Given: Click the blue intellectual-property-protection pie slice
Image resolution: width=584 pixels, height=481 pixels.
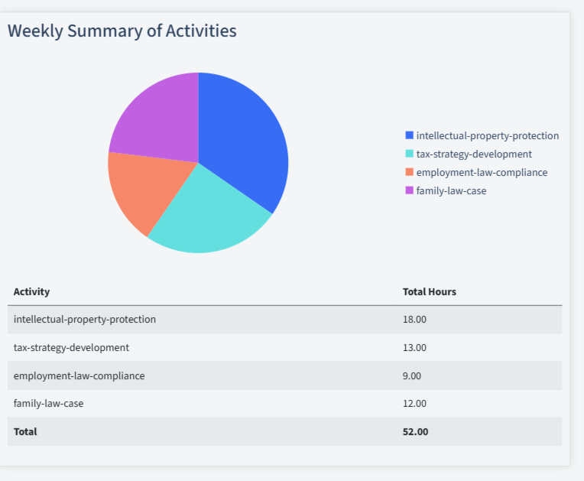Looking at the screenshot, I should (x=245, y=138).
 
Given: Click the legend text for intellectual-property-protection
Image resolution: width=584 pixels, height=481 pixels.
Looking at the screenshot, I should (x=487, y=135).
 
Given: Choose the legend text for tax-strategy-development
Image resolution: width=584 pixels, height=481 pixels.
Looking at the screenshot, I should (x=474, y=154).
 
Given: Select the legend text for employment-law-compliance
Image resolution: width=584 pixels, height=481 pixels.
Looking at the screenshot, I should (x=482, y=172).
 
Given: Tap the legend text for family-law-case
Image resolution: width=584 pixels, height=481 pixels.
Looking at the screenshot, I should (x=451, y=190).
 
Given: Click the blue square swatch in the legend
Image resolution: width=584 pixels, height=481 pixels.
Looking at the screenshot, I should (x=410, y=135).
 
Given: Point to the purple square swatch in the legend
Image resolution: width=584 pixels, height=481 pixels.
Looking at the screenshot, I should (x=410, y=190).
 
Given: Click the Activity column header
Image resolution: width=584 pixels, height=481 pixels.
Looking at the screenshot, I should (x=31, y=291).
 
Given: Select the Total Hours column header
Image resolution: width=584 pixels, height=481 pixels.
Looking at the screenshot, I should (x=429, y=291).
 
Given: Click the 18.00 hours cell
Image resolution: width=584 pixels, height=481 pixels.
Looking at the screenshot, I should (x=414, y=319).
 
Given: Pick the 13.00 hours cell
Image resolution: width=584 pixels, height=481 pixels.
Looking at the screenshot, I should (x=414, y=347).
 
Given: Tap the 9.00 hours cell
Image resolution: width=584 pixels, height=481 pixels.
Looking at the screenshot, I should (x=412, y=375).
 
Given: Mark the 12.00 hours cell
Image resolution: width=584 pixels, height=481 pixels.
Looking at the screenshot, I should (x=414, y=403).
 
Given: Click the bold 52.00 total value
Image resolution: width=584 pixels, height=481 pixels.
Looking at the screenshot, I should (x=415, y=431).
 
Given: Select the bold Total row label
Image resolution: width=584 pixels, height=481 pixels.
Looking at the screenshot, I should (x=25, y=431).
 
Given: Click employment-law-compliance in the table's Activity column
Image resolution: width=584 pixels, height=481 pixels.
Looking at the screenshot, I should (x=79, y=375).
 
